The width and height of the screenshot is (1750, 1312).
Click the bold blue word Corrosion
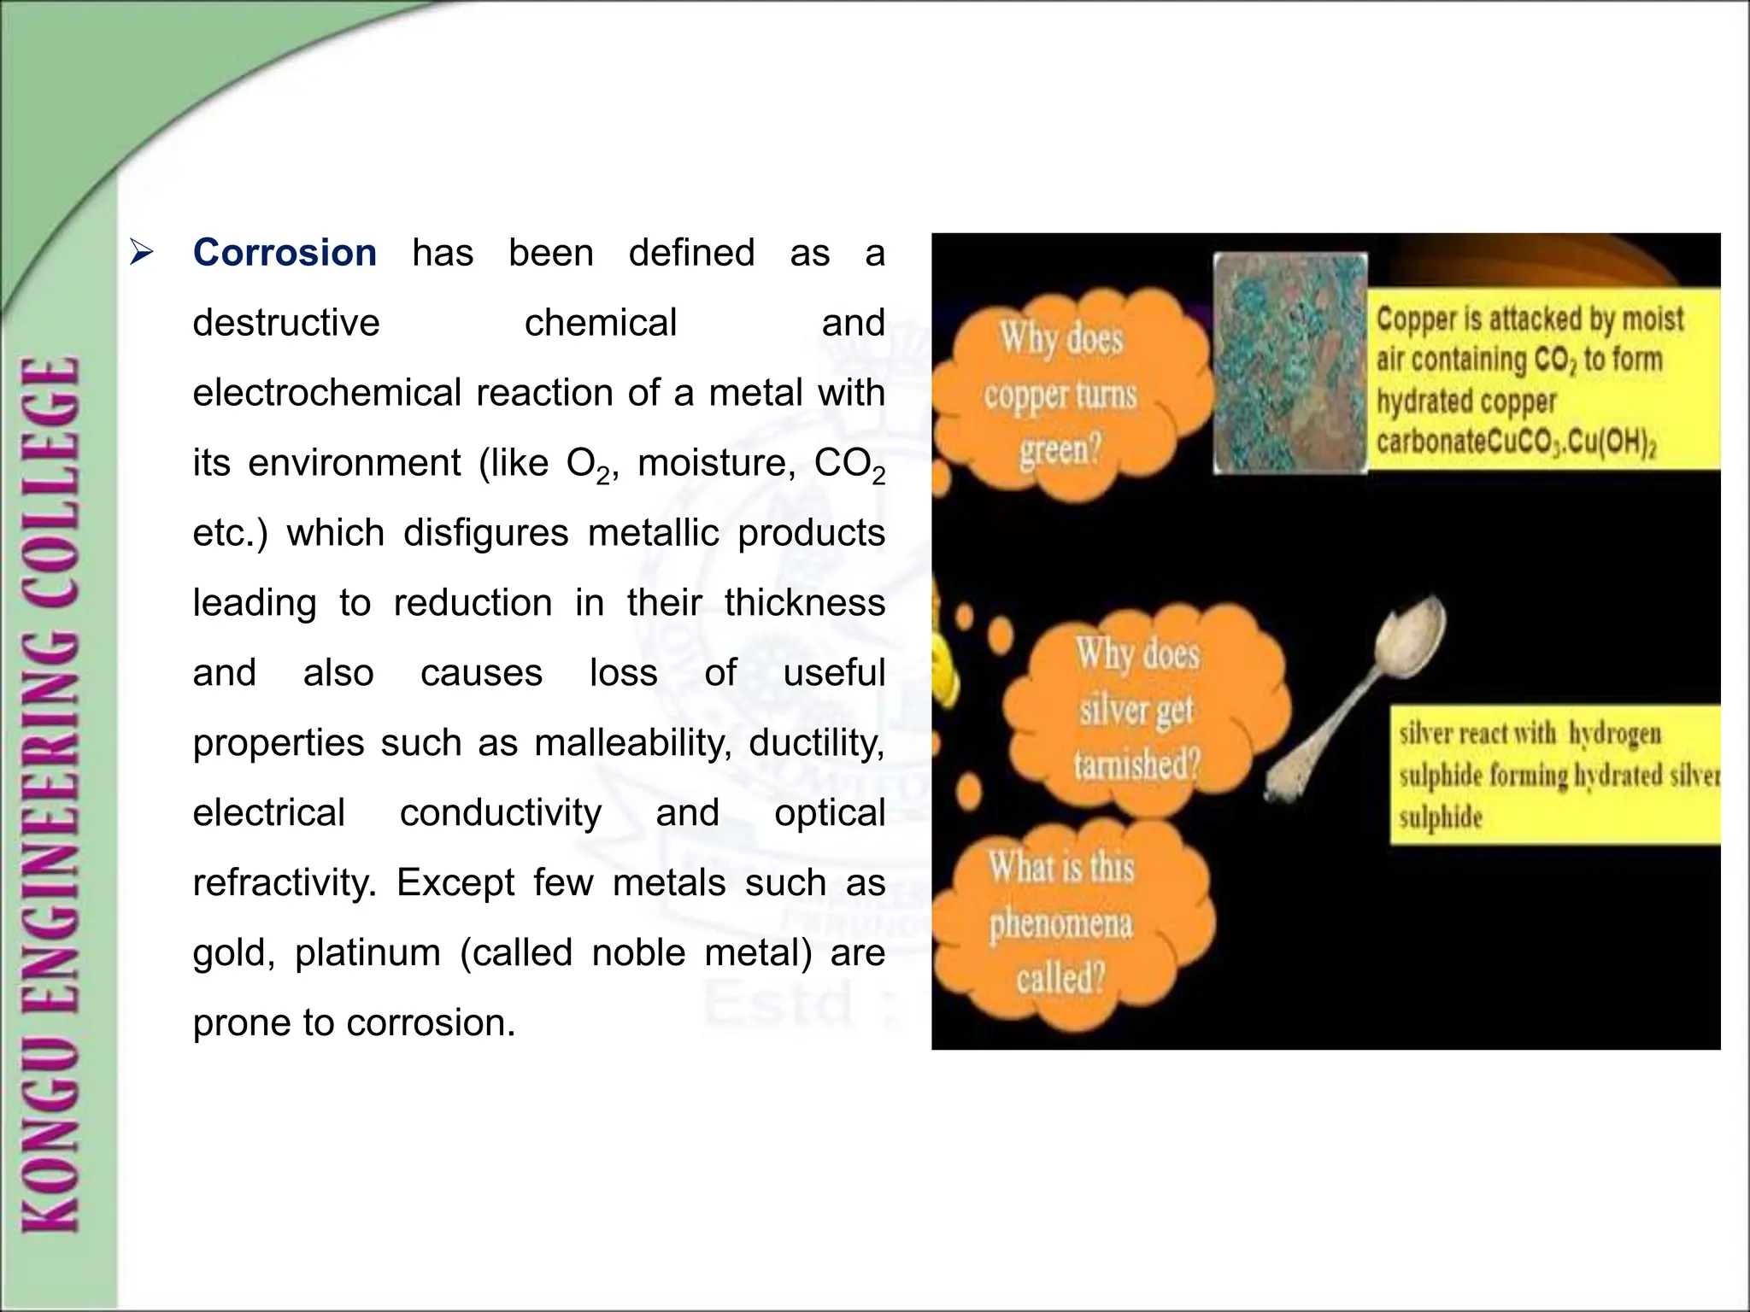(285, 254)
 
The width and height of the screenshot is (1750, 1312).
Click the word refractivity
(283, 883)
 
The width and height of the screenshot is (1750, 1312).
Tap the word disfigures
(485, 534)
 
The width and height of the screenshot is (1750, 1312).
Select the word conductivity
(501, 813)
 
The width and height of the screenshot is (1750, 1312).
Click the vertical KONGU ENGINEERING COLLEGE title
(53, 794)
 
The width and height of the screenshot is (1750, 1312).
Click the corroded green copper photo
(1290, 362)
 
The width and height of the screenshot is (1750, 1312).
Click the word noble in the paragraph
(638, 953)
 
